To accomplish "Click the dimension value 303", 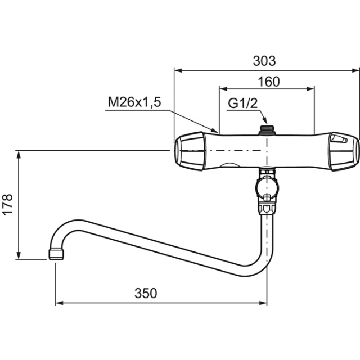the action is [x=264, y=61].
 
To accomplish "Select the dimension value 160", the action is [x=269, y=82].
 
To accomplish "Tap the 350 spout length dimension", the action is [x=146, y=294].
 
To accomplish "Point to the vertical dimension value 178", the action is [x=7, y=204].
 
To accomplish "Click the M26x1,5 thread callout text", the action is [x=134, y=102].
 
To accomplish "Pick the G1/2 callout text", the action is [x=243, y=103].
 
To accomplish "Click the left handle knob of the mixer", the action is [x=189, y=151].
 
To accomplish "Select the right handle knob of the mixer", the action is [x=345, y=151].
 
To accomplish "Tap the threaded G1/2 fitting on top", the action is [x=267, y=130].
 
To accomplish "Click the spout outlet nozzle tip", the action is [x=56, y=254].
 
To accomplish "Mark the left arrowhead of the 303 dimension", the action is [x=178, y=70].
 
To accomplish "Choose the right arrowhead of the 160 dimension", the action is [x=310, y=89].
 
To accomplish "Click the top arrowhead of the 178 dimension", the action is [x=19, y=155].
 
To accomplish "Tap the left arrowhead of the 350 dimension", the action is [x=60, y=303].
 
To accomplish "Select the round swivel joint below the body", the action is [x=267, y=188].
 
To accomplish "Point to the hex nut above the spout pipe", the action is [x=267, y=208].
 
